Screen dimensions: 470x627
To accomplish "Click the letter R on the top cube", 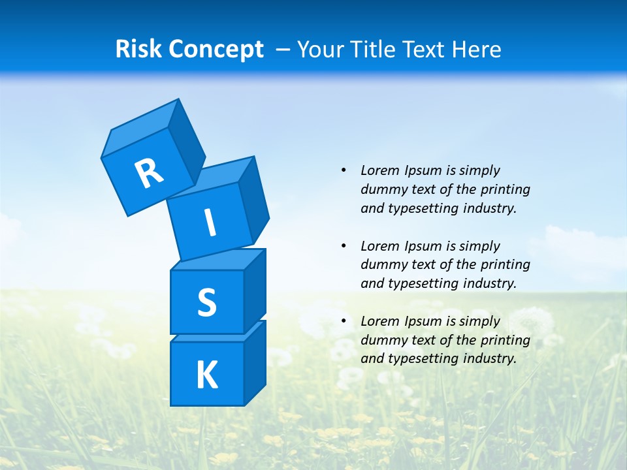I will pos(149,174).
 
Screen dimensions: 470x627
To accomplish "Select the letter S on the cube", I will pos(206,302).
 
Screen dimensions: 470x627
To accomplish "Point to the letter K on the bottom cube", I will pos(206,375).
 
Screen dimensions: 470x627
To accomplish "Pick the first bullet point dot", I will pos(344,170).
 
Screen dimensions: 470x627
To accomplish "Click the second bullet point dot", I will pos(344,246).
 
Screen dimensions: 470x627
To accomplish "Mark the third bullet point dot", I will pos(344,321).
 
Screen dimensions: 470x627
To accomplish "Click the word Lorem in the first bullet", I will pos(380,170).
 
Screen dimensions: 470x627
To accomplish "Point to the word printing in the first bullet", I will pos(506,189).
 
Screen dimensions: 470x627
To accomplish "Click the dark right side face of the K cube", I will pos(255,364).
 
